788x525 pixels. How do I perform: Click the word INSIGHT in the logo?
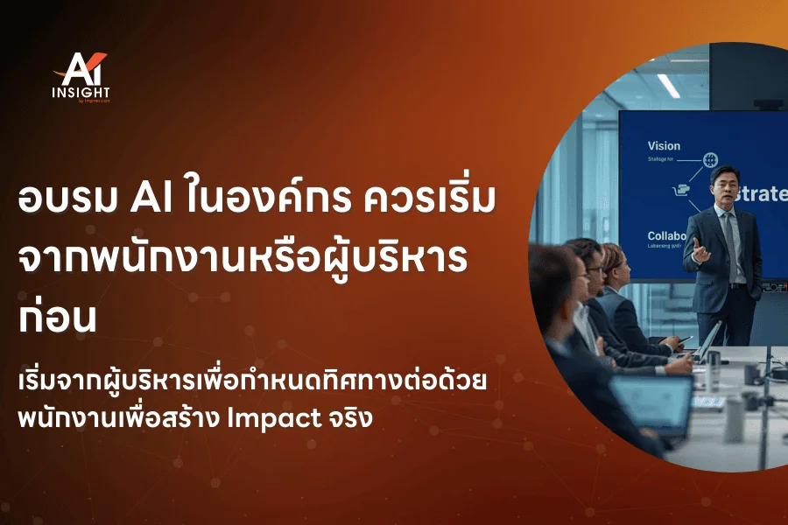pos(81,90)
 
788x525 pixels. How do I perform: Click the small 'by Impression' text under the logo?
pos(93,101)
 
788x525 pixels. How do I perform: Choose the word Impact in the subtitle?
pos(266,417)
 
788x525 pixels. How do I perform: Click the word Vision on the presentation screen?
pos(663,146)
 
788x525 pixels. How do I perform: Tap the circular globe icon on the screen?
pos(710,160)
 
